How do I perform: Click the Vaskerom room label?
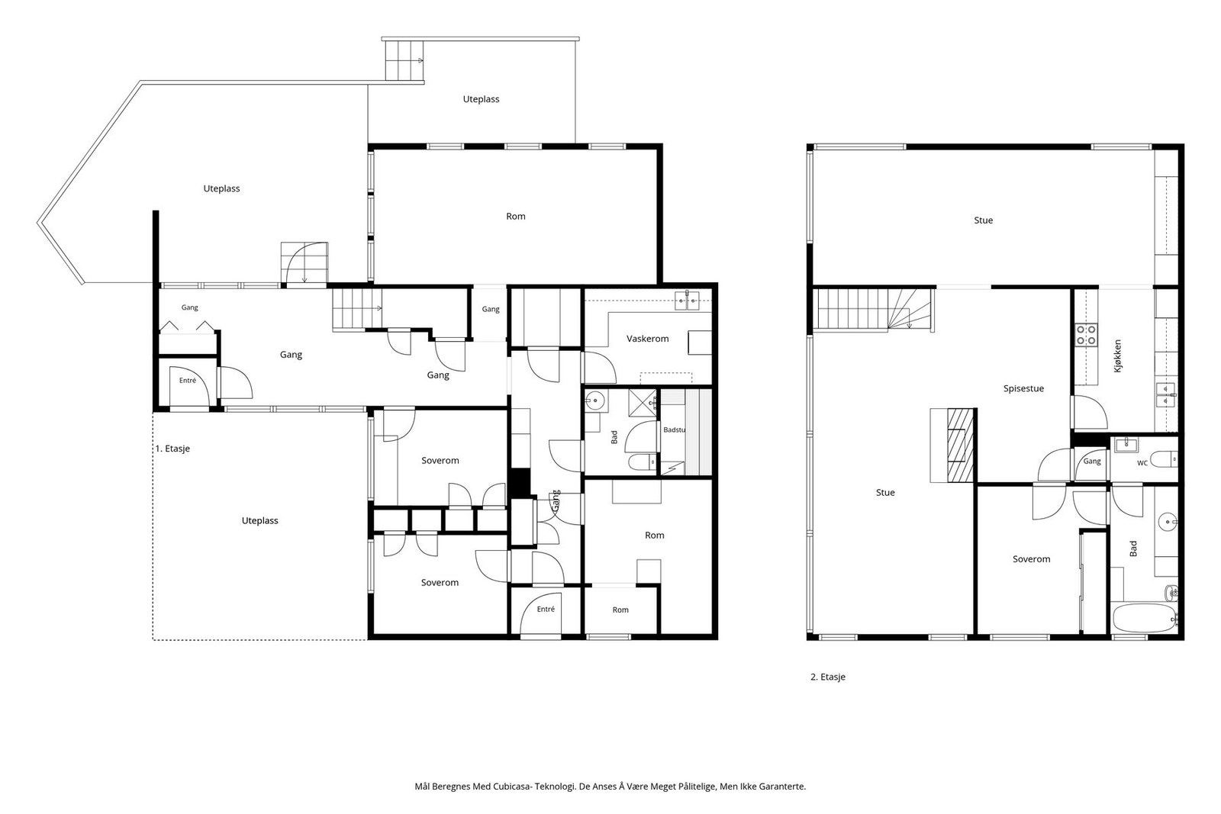[648, 339]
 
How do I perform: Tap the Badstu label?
[675, 430]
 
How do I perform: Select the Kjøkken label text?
[1118, 356]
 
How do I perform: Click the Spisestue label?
[1023, 388]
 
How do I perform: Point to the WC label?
[1142, 463]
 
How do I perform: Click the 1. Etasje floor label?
[172, 449]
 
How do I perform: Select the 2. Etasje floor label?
[828, 677]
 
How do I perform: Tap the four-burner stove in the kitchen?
[1087, 335]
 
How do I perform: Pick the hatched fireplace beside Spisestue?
[961, 445]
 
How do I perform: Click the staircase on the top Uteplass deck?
[404, 60]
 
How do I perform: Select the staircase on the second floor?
[872, 309]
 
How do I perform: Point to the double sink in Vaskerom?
[687, 301]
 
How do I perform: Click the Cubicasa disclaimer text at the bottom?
[610, 787]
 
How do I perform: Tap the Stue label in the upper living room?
[984, 220]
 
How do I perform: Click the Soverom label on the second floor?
[1031, 559]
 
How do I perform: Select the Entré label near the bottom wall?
[546, 609]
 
